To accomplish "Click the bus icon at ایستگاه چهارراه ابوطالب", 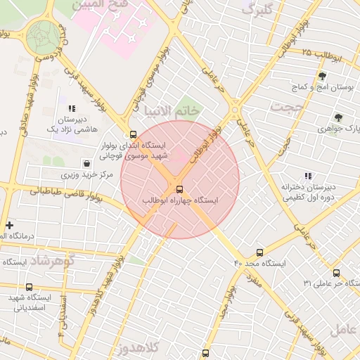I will pos(179,188).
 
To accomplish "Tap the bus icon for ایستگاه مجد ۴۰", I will pos(260,252).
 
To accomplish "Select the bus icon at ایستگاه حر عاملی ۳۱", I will pos(336,273).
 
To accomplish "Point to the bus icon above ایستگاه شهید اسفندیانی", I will pos(29,287).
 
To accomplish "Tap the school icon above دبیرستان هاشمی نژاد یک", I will pos(72,109).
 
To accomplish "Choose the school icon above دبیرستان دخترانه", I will pos(307,176).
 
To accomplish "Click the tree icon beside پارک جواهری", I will pos(338,117).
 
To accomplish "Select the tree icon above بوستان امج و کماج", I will pos(322,76).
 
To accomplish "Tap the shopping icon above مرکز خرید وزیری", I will pos(86,163).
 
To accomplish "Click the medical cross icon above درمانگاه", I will pos(8,225).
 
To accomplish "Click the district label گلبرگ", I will pos(257,9).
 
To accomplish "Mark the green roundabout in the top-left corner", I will pos(44,34).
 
